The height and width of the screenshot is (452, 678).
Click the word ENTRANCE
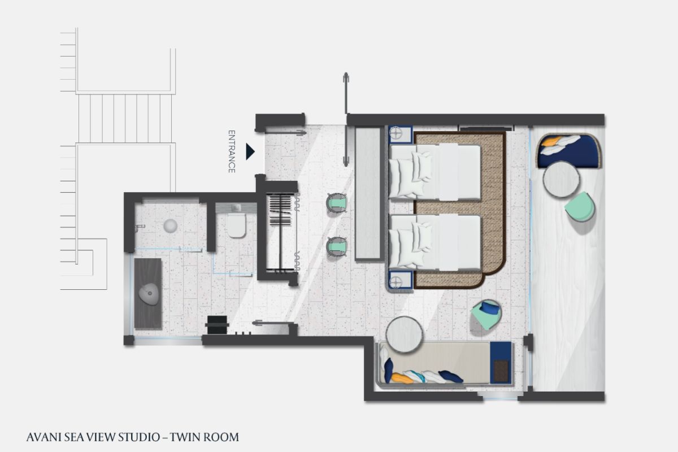tap(232, 151)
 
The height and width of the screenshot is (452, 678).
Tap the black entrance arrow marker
tap(250, 151)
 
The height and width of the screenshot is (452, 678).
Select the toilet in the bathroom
tap(236, 225)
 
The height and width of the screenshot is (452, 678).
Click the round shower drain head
tap(171, 226)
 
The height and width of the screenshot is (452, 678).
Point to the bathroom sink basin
tap(149, 294)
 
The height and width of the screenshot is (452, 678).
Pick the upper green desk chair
tap(337, 204)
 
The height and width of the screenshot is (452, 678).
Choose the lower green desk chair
tap(337, 247)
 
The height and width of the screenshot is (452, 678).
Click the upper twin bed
tap(434, 172)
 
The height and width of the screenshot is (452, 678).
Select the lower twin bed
tap(434, 242)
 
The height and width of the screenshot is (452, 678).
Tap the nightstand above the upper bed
tap(401, 134)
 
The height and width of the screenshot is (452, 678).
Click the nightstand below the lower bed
tap(401, 280)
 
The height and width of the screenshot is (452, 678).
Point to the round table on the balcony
tap(561, 179)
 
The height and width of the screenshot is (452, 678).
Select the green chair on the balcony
tap(580, 207)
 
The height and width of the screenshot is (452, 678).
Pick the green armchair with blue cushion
tap(486, 314)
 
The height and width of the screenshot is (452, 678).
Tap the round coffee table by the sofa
tap(404, 334)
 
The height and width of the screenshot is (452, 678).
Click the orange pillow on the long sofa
tap(402, 379)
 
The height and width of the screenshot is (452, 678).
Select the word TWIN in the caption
tap(185, 437)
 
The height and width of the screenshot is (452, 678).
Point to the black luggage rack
tap(217, 324)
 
